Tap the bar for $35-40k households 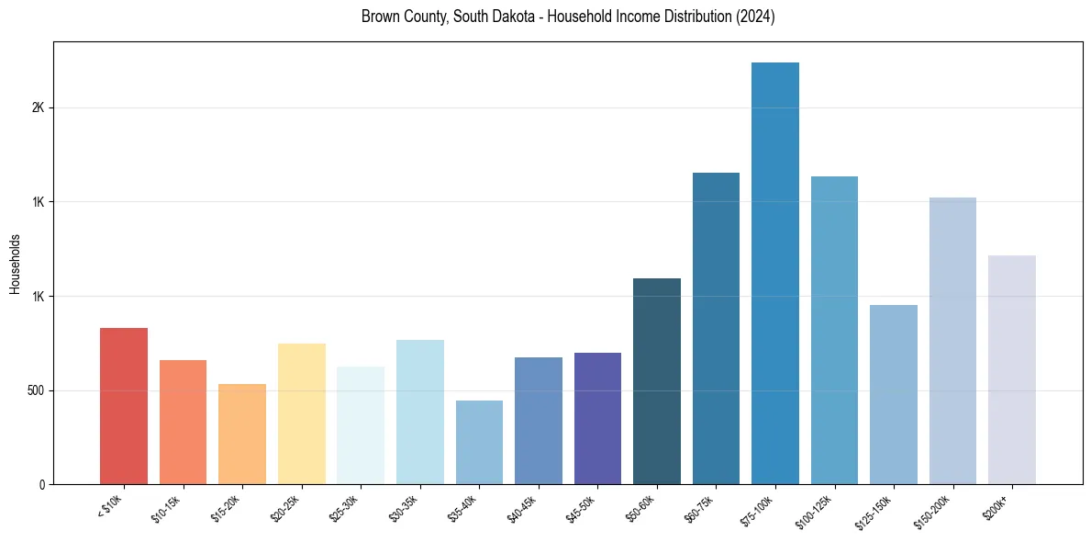click(479, 442)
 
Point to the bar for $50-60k click(657, 381)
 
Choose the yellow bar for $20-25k click(302, 413)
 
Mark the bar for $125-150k click(894, 394)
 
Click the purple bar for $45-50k click(597, 418)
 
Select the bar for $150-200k click(952, 341)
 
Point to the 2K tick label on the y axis click(38, 107)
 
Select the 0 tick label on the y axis click(42, 485)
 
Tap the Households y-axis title click(15, 264)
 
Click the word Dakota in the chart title click(508, 17)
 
